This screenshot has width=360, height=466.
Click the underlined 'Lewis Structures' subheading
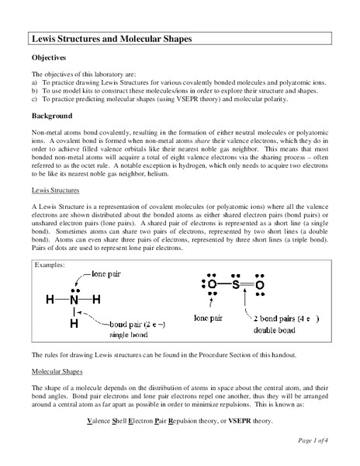click(x=56, y=190)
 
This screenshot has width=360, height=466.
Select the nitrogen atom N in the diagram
click(x=73, y=299)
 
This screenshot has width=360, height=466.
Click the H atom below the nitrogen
click(x=72, y=323)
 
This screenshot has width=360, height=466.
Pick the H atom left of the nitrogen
click(x=50, y=299)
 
